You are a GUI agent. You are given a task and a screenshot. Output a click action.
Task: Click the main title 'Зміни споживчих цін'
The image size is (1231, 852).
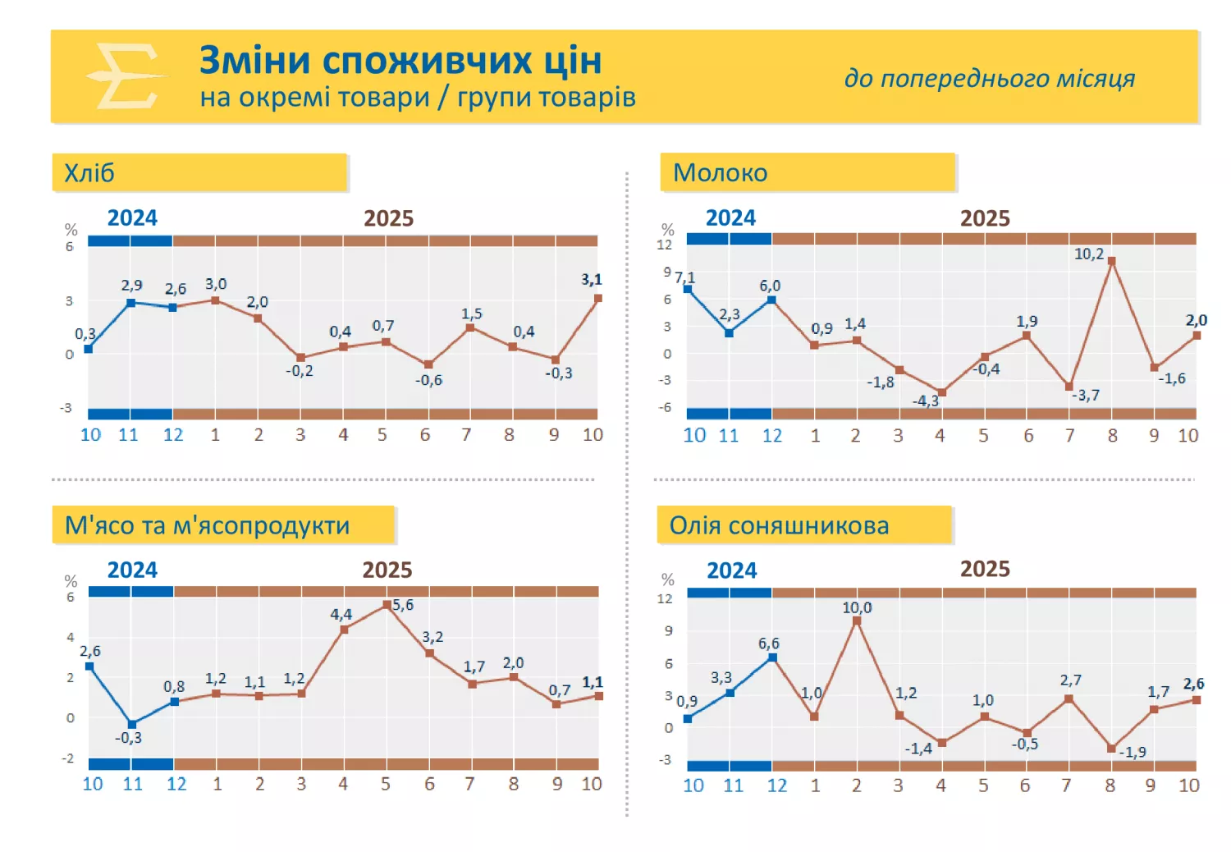[400, 61]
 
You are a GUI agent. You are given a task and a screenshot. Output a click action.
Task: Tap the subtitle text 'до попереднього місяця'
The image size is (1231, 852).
[989, 78]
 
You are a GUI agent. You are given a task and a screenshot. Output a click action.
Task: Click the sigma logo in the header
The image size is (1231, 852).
[126, 76]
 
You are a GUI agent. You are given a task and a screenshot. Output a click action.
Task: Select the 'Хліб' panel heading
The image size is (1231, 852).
[89, 173]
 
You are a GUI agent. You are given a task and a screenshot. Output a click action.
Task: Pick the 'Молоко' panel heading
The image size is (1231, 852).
[720, 173]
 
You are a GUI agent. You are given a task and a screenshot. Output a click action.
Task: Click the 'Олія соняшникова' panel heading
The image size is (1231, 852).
[779, 525]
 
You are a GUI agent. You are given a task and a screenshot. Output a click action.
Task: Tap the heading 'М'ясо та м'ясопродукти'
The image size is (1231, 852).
[207, 525]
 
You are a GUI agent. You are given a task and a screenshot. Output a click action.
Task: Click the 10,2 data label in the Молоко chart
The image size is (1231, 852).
[1088, 254]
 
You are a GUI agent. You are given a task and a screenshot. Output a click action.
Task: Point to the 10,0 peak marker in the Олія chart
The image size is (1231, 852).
[857, 621]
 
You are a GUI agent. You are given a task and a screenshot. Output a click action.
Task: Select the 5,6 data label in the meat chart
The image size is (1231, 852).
[403, 605]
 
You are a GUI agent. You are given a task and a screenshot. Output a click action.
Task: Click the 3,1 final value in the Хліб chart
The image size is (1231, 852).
[591, 279]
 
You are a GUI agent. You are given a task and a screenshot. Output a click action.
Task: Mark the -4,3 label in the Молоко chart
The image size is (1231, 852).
[925, 401]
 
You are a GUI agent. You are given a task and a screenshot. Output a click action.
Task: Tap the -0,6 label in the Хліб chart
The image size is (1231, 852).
[428, 380]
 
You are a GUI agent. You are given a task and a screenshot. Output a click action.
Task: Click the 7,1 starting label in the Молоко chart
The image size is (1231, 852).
[685, 277]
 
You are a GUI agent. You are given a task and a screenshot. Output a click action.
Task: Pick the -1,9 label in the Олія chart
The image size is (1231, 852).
[1133, 752]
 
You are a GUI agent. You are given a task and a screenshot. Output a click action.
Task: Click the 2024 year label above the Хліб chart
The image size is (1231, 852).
[132, 218]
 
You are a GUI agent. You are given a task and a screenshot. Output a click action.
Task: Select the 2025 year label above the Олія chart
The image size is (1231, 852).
[985, 569]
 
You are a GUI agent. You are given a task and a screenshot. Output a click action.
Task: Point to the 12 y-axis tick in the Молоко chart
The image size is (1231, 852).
[664, 245]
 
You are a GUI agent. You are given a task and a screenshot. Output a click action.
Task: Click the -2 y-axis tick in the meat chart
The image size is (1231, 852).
[68, 758]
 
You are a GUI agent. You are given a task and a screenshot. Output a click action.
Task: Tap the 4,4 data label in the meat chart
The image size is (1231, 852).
[341, 614]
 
